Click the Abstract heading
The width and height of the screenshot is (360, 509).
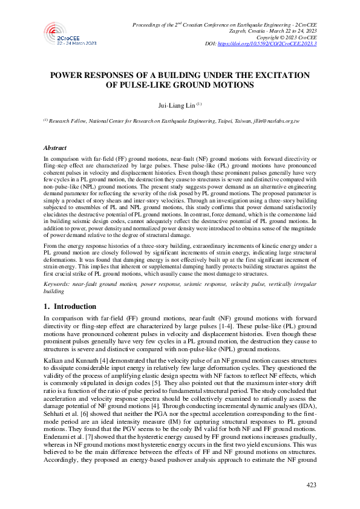[55, 147]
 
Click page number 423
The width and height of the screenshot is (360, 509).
[312, 485]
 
